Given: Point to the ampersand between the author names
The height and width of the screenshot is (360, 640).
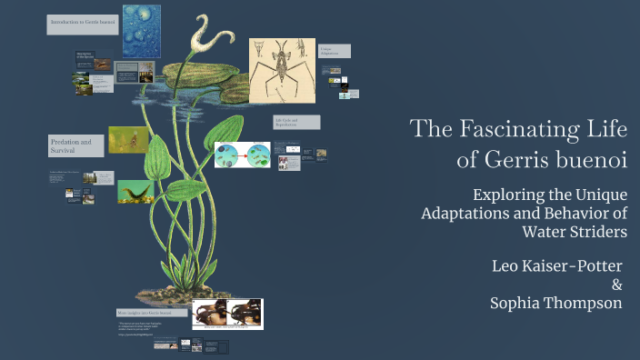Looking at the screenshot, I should (x=616, y=285).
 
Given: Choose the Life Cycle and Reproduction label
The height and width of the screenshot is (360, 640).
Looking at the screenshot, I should (x=296, y=122).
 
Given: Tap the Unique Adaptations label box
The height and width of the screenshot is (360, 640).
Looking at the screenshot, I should (x=332, y=52).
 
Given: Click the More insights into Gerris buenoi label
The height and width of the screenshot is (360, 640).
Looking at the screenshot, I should (x=152, y=313).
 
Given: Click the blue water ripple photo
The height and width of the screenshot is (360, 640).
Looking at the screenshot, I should (x=141, y=30).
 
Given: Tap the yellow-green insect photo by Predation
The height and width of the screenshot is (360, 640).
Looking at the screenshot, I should (x=129, y=139).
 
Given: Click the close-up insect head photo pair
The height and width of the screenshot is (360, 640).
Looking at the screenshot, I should (x=227, y=314).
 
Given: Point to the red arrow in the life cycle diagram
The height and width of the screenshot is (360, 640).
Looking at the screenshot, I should (x=243, y=155).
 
